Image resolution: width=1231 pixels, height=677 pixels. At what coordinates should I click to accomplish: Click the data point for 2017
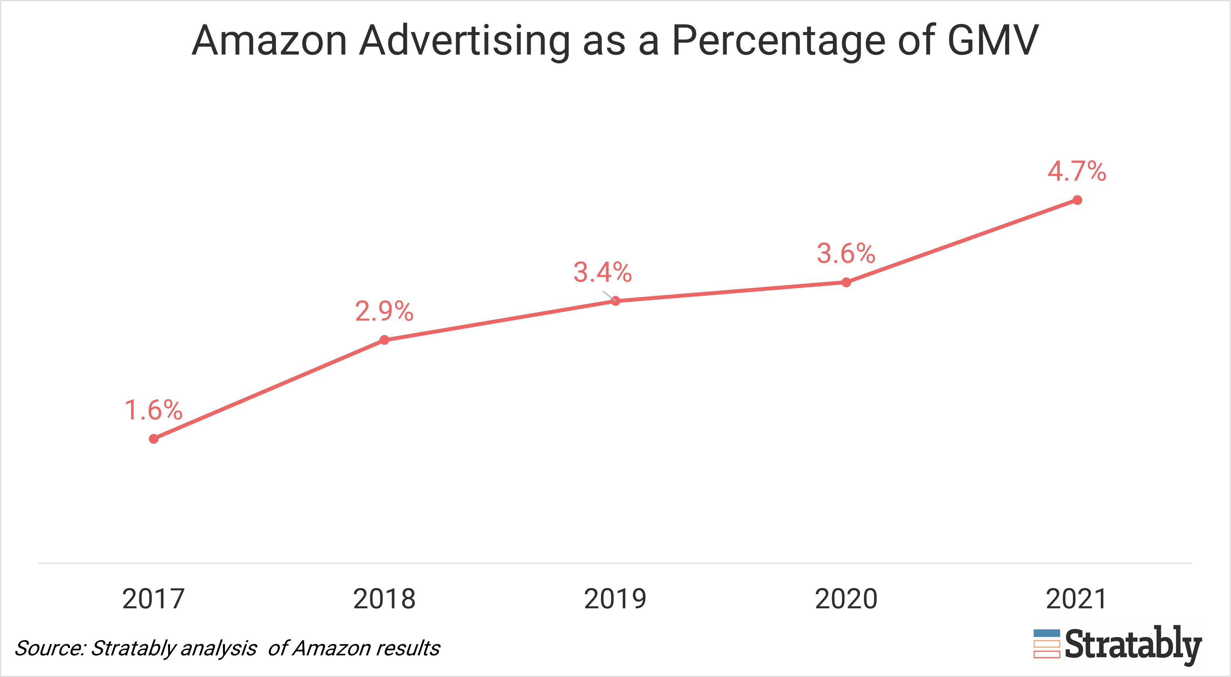point(153,439)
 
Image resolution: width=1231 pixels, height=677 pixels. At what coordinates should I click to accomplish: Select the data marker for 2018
point(384,340)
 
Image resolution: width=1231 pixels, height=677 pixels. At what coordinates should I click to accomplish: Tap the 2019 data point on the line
point(615,301)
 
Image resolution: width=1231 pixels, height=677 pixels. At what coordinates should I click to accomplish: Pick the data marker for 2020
point(846,282)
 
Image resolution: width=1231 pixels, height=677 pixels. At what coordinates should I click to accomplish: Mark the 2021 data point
point(1077,200)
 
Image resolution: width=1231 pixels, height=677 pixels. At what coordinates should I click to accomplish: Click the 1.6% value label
point(153,410)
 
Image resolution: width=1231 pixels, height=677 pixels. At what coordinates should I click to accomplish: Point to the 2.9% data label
point(384,311)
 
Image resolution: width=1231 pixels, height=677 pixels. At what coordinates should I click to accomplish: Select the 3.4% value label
point(603,272)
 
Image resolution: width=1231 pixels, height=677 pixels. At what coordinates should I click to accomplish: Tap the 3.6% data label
point(846,253)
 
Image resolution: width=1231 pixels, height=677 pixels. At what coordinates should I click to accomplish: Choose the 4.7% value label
point(1077,171)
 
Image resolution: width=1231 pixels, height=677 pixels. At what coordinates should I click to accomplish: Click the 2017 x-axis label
point(153,599)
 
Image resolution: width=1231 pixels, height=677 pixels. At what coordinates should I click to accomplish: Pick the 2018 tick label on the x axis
point(384,599)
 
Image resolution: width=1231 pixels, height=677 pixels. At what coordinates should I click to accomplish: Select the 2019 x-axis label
point(615,599)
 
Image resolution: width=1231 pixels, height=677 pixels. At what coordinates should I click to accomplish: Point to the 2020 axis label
point(846,599)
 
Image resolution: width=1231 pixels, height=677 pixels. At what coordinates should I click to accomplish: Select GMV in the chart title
point(993,41)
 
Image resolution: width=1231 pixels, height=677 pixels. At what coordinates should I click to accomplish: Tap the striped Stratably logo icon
point(1047,643)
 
